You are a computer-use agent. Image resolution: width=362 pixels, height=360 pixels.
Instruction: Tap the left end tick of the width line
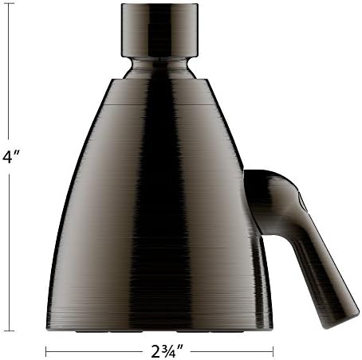pos(46,349)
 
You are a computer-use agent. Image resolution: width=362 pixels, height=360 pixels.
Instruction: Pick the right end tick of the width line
pos(273,349)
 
